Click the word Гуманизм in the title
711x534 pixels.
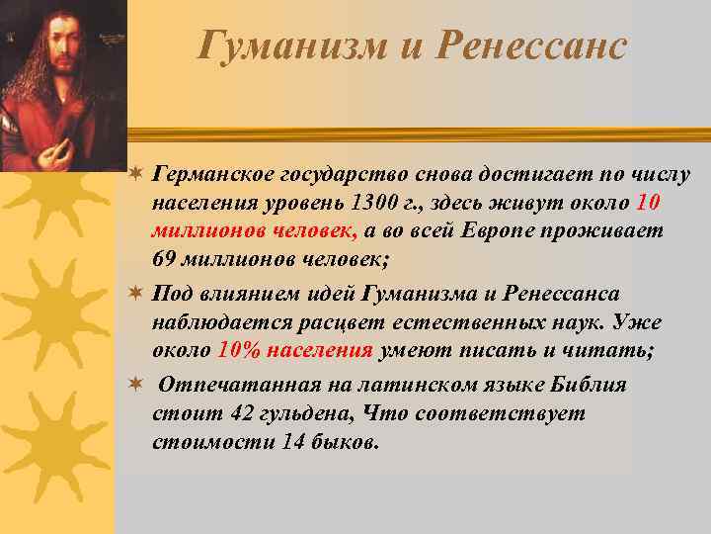tap(273, 45)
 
